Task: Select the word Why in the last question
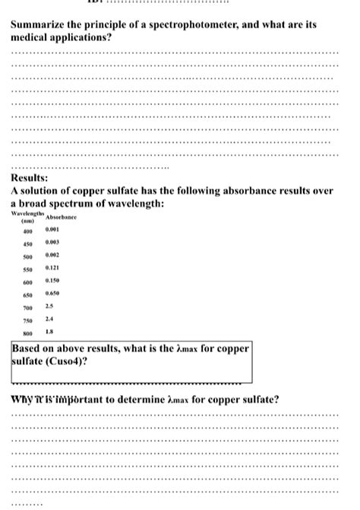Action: pyautogui.click(x=23, y=400)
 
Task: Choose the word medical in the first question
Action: pyautogui.click(x=33, y=36)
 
